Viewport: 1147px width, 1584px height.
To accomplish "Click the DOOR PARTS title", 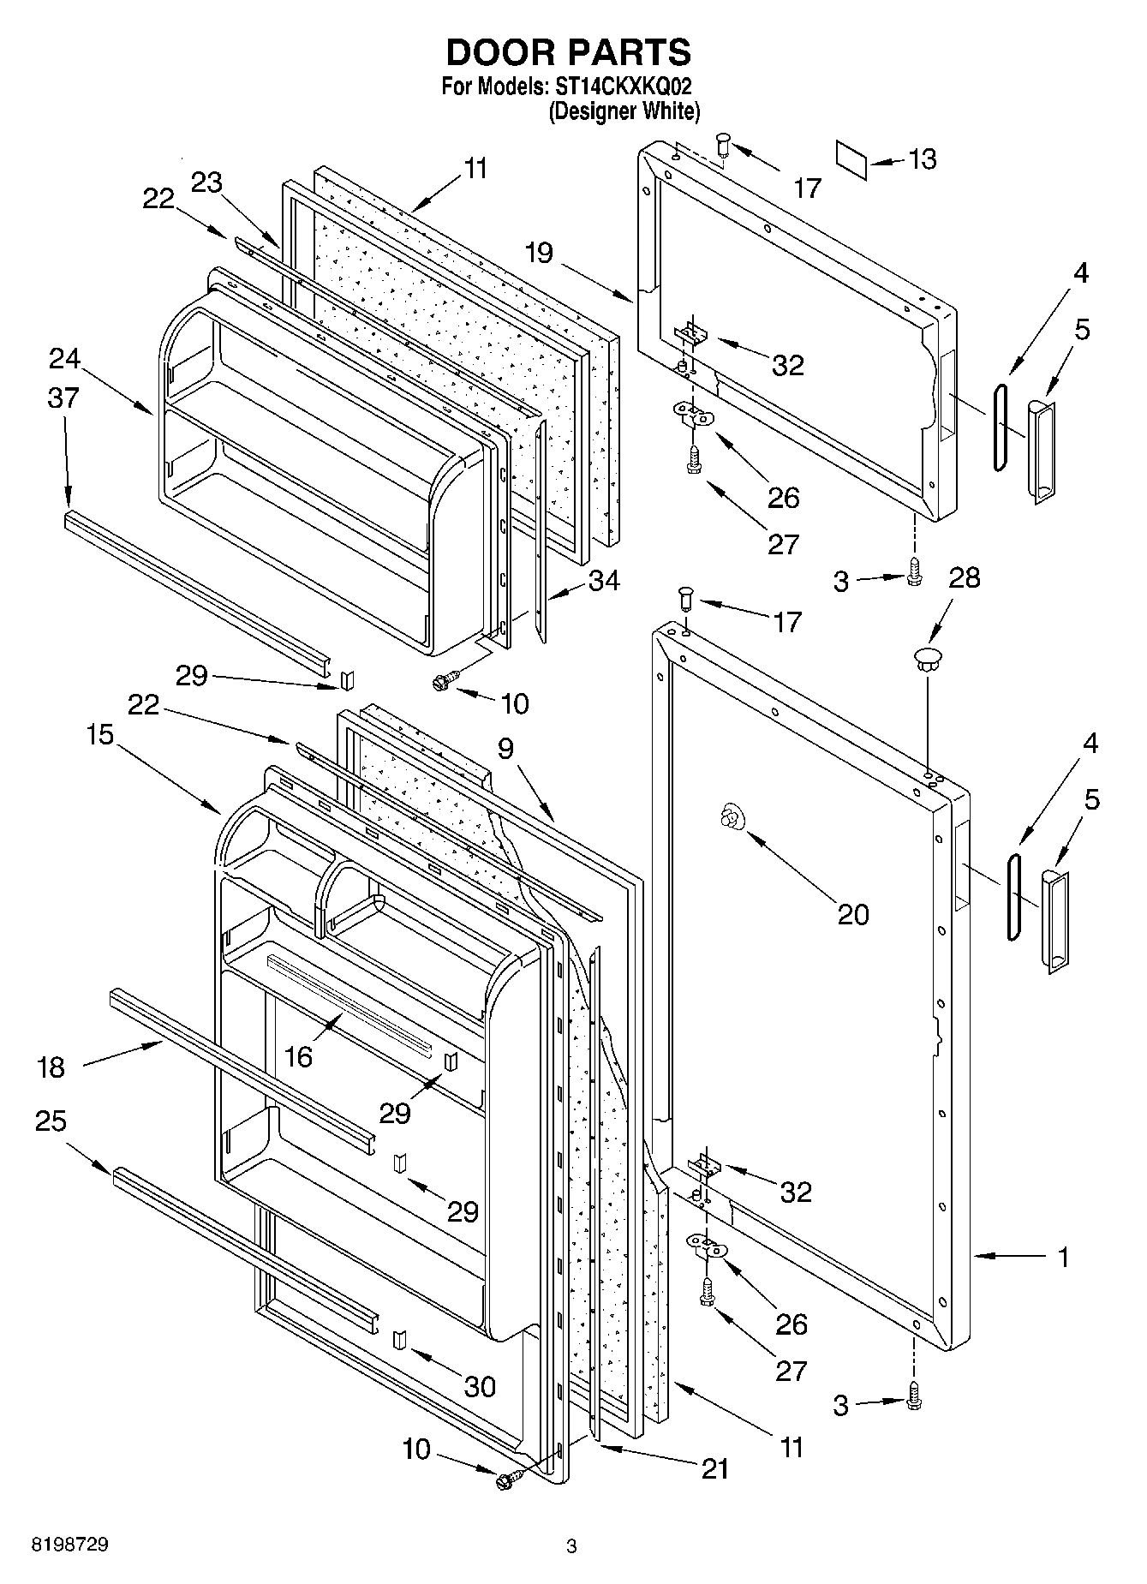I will [x=568, y=53].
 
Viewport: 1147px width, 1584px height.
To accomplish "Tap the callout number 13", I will [x=923, y=159].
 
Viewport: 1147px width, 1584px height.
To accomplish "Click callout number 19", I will [x=540, y=254].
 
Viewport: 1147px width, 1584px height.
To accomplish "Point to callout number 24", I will [x=64, y=359].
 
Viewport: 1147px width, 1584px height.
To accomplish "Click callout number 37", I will [x=63, y=398].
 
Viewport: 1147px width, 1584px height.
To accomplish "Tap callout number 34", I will [x=603, y=581].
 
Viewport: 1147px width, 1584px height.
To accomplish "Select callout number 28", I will [x=965, y=577].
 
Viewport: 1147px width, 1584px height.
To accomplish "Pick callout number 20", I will [x=852, y=914].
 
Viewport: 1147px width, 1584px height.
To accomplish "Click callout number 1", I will [x=1063, y=1257].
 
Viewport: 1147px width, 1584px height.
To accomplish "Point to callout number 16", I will [x=297, y=1057].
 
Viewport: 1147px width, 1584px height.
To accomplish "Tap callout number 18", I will [x=51, y=1067].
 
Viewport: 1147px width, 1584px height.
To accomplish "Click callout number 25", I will [x=51, y=1121].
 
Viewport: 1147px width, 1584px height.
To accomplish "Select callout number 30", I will [x=480, y=1386].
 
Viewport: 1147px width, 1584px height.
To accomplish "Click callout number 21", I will [x=714, y=1468].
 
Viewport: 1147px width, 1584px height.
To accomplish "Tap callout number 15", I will [x=100, y=735].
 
